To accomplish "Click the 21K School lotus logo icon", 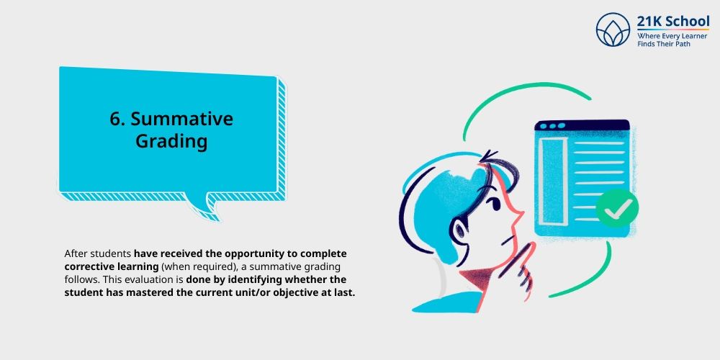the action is tap(613, 30).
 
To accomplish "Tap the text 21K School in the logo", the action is tap(673, 22).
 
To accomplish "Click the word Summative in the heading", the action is tap(182, 119).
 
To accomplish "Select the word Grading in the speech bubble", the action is tap(171, 141).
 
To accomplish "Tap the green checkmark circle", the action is tap(617, 208).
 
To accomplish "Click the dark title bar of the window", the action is tap(582, 125).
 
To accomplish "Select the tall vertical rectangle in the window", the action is tap(552, 181).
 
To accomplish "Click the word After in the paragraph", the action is tap(74, 253).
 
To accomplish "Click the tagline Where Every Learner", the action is tap(672, 36).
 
